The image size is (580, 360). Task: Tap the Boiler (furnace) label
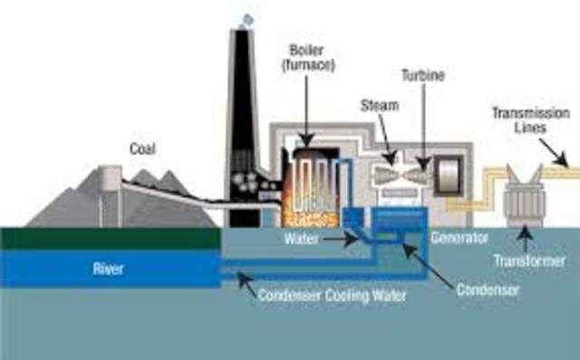[309, 56]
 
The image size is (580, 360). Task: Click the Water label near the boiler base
[301, 239]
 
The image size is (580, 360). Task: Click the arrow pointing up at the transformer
[523, 238]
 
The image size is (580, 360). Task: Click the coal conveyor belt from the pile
[172, 190]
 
